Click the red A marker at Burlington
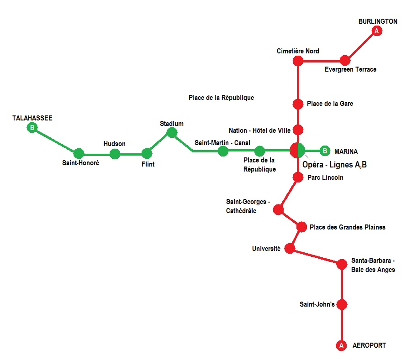377,31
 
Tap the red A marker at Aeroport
341,346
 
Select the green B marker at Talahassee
32,128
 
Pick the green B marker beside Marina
324,151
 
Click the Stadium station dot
172,132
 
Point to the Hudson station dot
115,154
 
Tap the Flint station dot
147,153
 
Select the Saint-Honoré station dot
79,153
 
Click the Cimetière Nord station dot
298,61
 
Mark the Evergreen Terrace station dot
345,60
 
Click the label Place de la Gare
330,104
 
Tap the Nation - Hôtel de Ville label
259,130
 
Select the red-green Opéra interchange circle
297,150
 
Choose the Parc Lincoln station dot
298,177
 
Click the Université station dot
290,249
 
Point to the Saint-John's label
317,304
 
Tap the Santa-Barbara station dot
342,264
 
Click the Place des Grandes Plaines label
347,227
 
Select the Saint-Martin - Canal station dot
223,151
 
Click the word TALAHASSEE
32,118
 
